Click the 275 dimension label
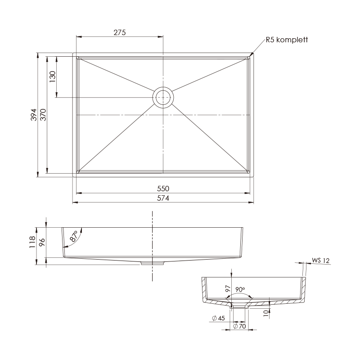click(120, 32)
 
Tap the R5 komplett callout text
click(287, 40)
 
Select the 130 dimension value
click(53, 77)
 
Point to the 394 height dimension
click(34, 115)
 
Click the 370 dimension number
click(43, 115)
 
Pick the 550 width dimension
click(163, 189)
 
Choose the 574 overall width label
click(163, 198)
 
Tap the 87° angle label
click(74, 236)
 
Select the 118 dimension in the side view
click(32, 242)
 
